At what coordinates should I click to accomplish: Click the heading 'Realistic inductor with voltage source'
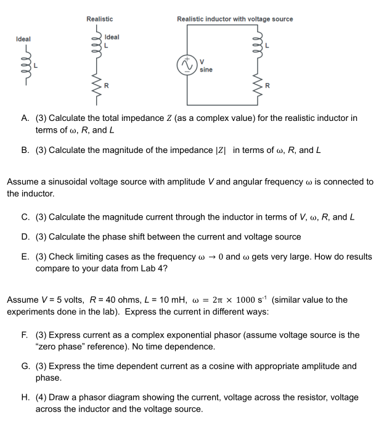[235, 19]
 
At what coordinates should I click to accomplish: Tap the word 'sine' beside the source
[206, 70]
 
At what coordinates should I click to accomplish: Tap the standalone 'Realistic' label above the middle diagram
[99, 19]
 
